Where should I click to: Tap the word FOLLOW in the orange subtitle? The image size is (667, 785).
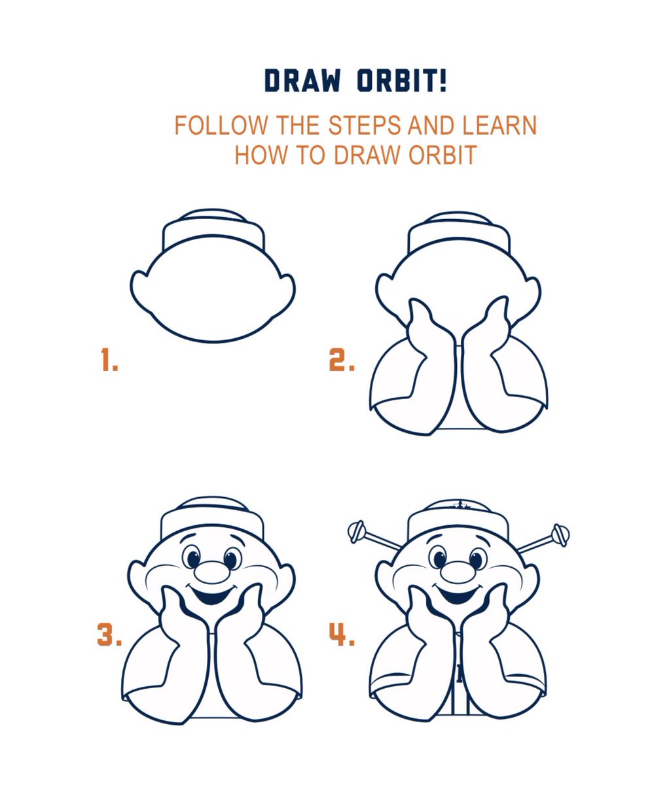221,126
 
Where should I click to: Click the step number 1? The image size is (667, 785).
109,360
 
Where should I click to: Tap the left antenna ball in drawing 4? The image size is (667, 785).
357,531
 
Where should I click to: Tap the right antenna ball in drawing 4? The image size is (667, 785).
560,534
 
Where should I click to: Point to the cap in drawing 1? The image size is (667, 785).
213,231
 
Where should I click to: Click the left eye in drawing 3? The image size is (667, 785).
194,559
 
